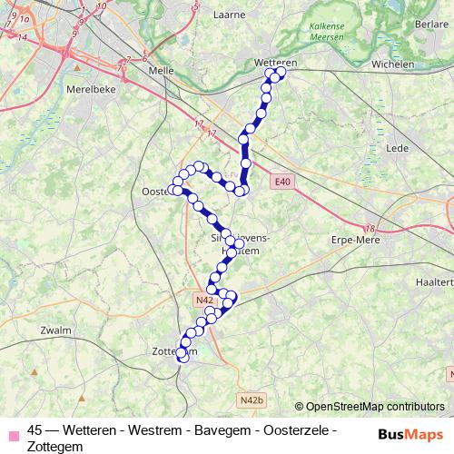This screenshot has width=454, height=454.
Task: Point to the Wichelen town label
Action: click(393, 64)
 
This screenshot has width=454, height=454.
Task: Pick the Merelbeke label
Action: click(89, 90)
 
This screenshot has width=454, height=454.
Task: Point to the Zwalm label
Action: click(56, 331)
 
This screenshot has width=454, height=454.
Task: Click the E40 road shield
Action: click(283, 183)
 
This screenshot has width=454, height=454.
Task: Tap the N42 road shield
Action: click(203, 300)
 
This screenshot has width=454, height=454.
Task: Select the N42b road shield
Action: click(252, 400)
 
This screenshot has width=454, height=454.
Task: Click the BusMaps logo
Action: click(411, 434)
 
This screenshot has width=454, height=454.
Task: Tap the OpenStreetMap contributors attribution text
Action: click(375, 408)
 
